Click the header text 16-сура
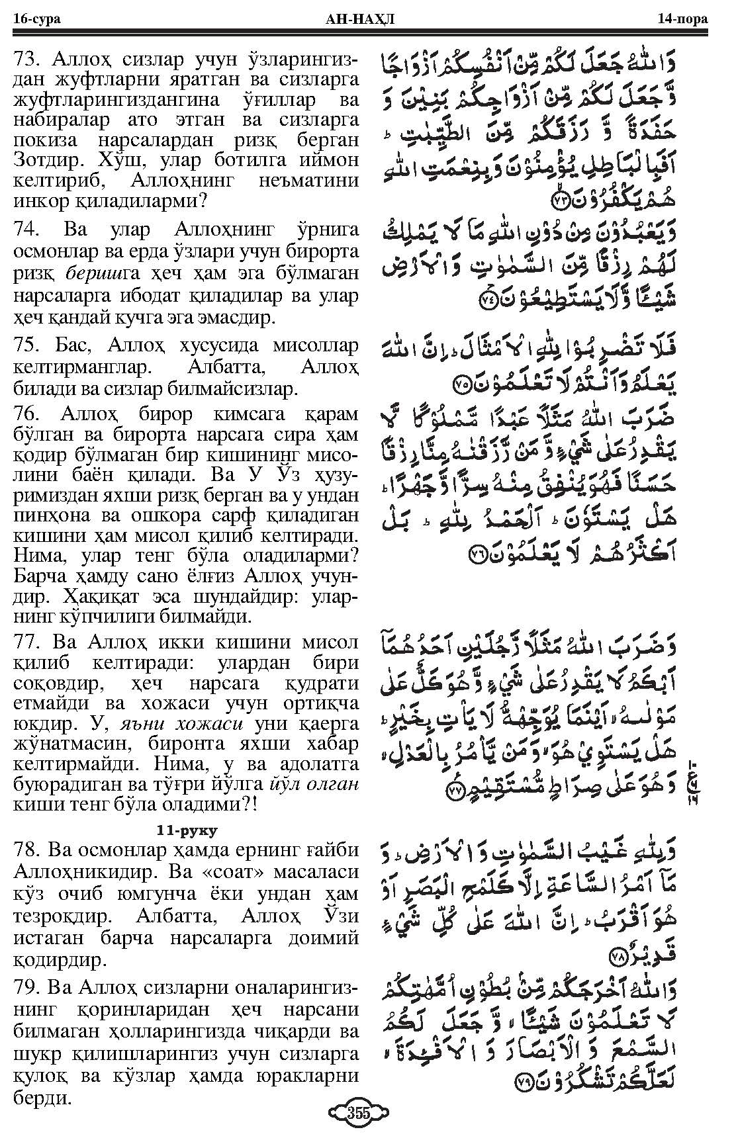[x=36, y=19]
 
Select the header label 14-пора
[x=682, y=19]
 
